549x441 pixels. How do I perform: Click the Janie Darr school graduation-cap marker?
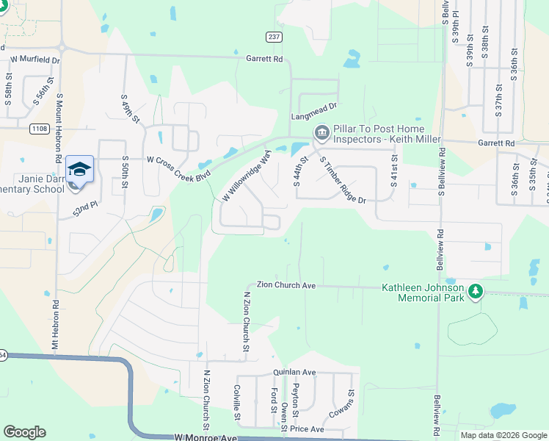tap(79, 170)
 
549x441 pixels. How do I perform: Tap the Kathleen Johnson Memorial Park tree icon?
tap(476, 292)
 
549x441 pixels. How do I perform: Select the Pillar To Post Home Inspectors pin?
tap(321, 133)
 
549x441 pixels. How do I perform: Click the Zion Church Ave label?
tap(286, 285)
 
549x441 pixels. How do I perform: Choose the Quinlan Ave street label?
tap(294, 373)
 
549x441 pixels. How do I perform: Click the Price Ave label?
tap(307, 429)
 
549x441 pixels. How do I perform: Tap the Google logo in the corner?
tap(24, 432)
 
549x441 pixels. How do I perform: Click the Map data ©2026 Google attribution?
tap(503, 435)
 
